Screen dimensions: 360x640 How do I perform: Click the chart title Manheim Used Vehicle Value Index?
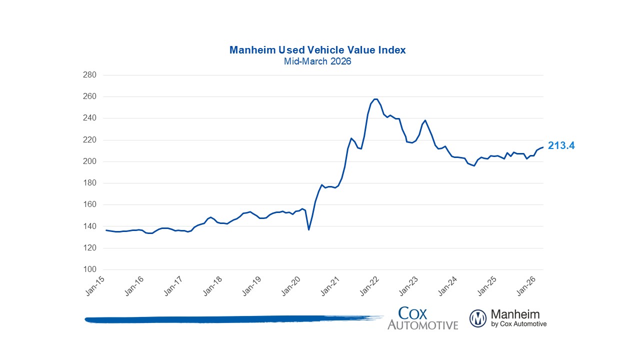[317, 50]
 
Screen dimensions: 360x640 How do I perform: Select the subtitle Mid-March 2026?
[317, 61]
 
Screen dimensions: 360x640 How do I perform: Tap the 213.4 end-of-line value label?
[561, 145]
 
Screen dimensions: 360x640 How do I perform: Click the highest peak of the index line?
[375, 99]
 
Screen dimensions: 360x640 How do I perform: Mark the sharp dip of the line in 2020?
[308, 229]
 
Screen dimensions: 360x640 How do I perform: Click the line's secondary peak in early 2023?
[425, 120]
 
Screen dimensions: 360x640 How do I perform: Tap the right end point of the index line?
[543, 147]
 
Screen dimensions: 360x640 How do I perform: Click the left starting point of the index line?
[106, 230]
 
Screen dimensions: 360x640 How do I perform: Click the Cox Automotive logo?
[422, 318]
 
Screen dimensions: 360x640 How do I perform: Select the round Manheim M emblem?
[478, 318]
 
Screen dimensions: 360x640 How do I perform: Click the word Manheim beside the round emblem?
[515, 314]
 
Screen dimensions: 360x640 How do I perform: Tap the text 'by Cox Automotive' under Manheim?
[519, 324]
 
